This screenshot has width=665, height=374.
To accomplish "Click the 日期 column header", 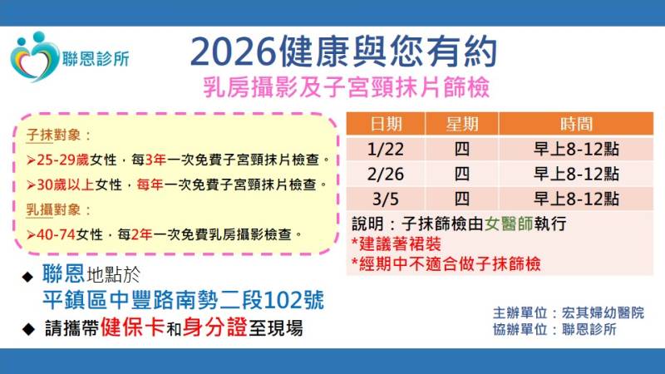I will (x=386, y=124).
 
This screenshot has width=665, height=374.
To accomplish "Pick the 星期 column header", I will (x=461, y=124).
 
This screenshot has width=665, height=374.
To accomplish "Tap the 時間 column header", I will (x=577, y=124).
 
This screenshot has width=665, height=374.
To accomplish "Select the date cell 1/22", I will (x=386, y=150).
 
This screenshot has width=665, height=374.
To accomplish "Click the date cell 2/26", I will (x=386, y=174).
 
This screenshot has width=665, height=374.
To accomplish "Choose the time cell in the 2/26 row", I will (x=577, y=174).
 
